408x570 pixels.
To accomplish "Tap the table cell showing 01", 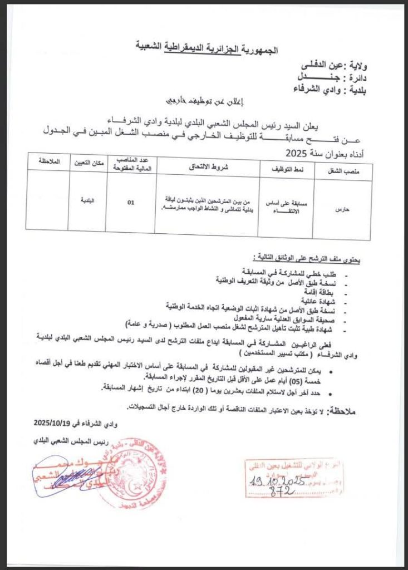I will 130,203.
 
